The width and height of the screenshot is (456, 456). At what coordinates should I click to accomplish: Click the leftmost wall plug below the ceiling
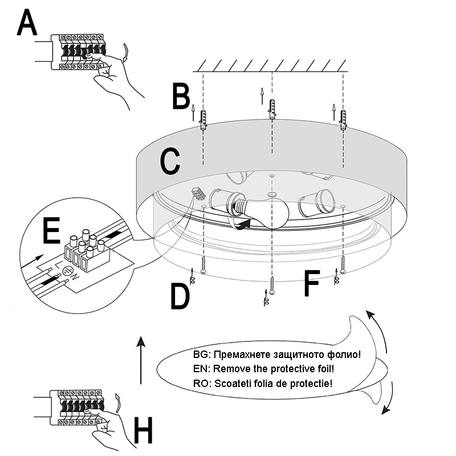pyautogui.click(x=203, y=121)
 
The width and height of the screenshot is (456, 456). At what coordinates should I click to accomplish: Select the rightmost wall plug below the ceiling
pyautogui.click(x=343, y=120)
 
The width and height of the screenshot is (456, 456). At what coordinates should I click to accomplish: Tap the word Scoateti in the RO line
pyautogui.click(x=231, y=383)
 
